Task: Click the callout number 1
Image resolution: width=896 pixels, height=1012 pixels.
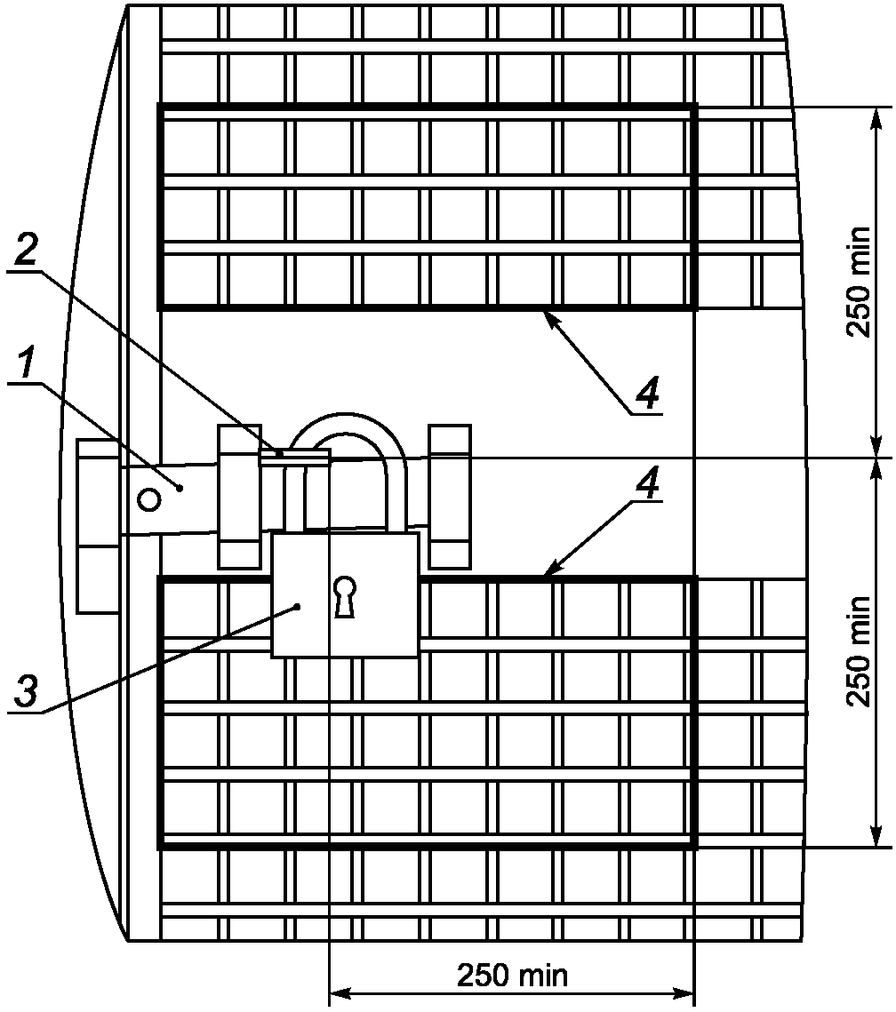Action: point(24,363)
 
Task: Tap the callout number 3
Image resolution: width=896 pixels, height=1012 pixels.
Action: point(26,691)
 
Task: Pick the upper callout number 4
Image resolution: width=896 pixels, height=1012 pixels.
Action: point(646,393)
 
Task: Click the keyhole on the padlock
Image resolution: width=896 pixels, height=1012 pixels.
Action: point(345,596)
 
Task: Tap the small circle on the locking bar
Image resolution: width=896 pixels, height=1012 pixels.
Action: point(149,499)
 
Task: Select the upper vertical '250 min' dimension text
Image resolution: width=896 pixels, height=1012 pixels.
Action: point(860,282)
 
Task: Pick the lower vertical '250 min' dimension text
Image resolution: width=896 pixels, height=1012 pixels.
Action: point(860,652)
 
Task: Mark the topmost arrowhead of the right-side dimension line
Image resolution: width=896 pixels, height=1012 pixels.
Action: point(876,119)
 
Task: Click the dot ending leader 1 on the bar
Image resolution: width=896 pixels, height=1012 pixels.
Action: point(180,489)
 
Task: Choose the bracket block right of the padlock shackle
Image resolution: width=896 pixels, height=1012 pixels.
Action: point(449,497)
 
